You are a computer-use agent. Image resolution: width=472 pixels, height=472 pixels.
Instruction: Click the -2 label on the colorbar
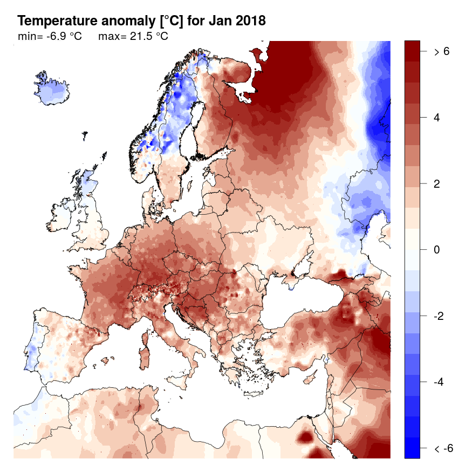tap(439, 316)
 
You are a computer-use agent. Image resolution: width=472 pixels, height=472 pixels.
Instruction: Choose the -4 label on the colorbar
tap(439, 382)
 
